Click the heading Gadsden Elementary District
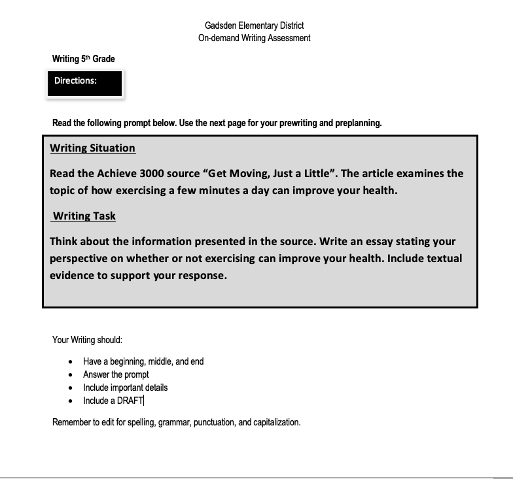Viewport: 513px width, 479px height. [254, 25]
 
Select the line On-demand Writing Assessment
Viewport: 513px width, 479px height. [254, 38]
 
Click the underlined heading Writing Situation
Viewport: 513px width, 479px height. [93, 148]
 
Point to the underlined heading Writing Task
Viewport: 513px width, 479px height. [84, 216]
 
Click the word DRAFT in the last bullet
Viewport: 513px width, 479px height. [130, 401]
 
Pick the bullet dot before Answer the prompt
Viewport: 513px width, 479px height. [71, 374]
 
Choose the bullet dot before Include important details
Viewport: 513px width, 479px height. [71, 388]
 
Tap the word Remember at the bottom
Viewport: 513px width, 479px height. [72, 422]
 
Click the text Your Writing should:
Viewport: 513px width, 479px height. [88, 340]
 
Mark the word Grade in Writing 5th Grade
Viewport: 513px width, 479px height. [103, 59]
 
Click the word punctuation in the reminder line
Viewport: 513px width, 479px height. [211, 422]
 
